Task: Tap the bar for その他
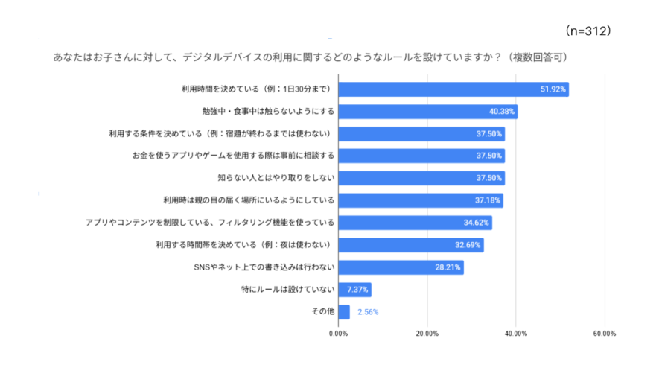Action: click(x=344, y=311)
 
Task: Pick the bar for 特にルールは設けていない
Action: click(x=354, y=290)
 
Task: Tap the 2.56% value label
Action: click(x=369, y=312)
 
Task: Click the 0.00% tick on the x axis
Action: click(x=338, y=333)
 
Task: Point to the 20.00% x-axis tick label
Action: click(x=427, y=333)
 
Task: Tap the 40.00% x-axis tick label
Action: click(x=515, y=333)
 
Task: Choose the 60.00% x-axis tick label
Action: click(x=604, y=333)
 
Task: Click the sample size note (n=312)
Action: click(x=588, y=31)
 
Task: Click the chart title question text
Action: click(x=313, y=57)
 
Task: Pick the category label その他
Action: click(x=322, y=311)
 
